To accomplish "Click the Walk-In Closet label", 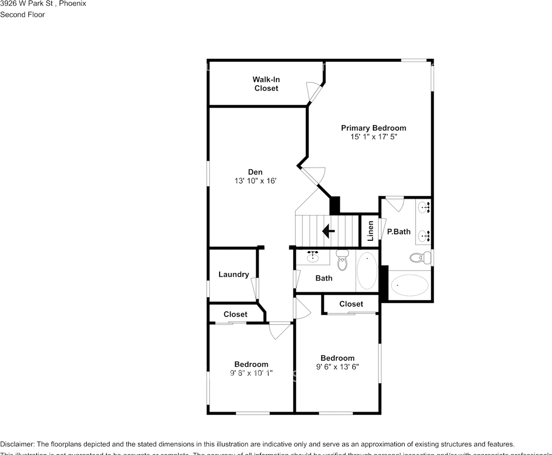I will click(x=266, y=84).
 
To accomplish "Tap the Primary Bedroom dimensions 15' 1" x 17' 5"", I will click(x=374, y=137).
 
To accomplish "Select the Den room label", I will click(x=255, y=172).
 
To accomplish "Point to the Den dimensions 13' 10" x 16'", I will click(x=255, y=181).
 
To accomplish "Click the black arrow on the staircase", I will click(x=328, y=231).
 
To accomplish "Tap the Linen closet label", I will click(x=371, y=230).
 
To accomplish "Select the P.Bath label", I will click(x=399, y=232).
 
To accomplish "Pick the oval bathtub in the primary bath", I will click(x=410, y=285).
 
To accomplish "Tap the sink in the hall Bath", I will click(x=312, y=257).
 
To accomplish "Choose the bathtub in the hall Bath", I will click(x=367, y=271).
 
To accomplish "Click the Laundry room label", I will click(x=233, y=274).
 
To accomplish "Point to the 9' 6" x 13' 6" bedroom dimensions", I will click(x=338, y=367).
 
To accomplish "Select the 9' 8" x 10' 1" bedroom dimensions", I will click(x=251, y=373).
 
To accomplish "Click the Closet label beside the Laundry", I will click(x=235, y=314).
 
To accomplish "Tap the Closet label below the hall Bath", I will click(x=351, y=304).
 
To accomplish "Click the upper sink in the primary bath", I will click(x=424, y=208).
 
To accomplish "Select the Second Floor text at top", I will click(x=22, y=15).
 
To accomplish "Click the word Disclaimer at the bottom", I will click(x=17, y=444).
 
